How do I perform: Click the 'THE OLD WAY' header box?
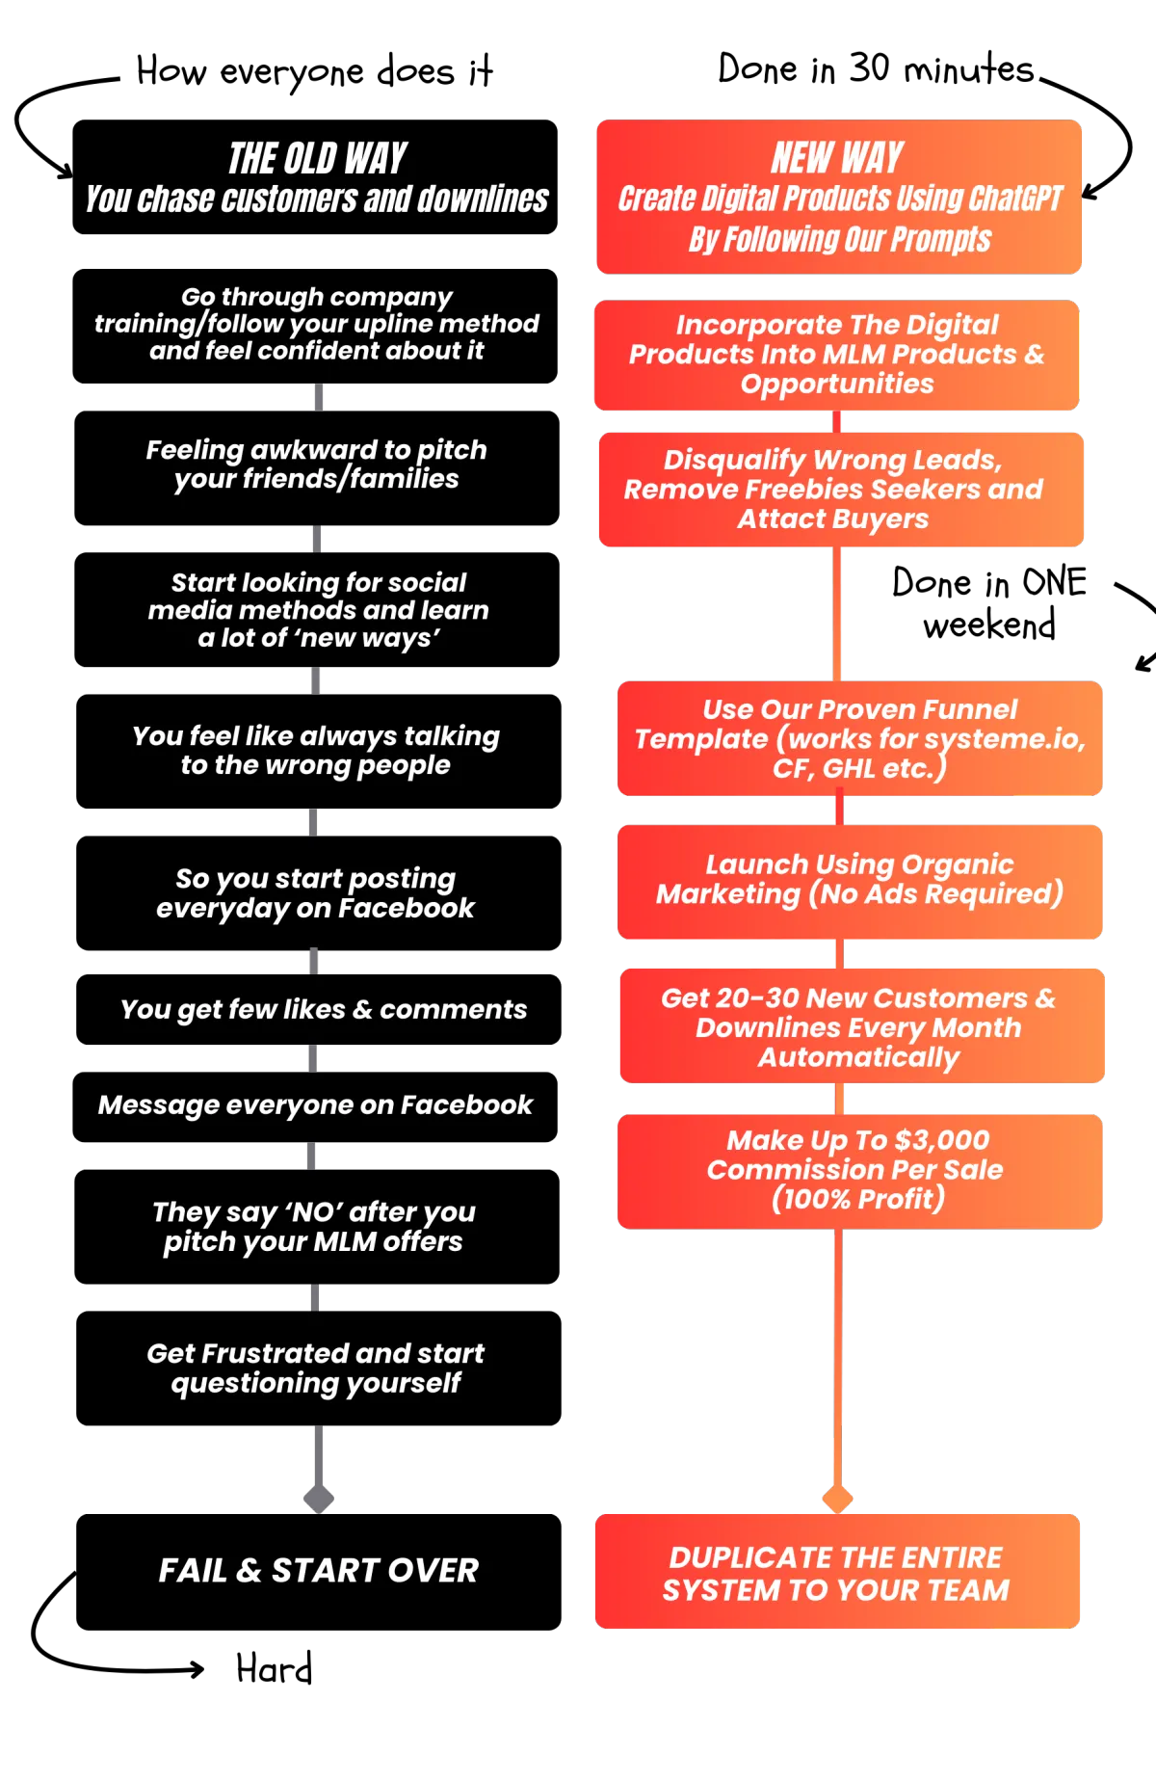click(x=315, y=177)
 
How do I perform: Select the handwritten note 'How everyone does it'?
click(x=315, y=71)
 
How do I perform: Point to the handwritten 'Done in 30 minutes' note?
click(x=876, y=68)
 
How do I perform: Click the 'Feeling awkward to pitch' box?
click(x=317, y=468)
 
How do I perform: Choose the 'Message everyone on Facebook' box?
click(x=315, y=1106)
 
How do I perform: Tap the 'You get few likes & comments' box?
click(x=319, y=1009)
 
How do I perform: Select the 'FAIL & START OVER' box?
click(x=319, y=1572)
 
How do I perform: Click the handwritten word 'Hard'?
click(x=275, y=1668)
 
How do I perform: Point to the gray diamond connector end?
click(x=319, y=1499)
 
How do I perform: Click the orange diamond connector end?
click(x=837, y=1499)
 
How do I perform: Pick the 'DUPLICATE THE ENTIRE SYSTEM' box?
click(x=837, y=1571)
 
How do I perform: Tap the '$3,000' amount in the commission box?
click(x=941, y=1140)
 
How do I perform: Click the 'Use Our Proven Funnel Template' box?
click(x=860, y=738)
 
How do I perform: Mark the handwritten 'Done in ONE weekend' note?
click(x=989, y=603)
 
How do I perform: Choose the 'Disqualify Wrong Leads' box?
click(x=841, y=490)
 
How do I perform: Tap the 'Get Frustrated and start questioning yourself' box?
click(x=319, y=1369)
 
